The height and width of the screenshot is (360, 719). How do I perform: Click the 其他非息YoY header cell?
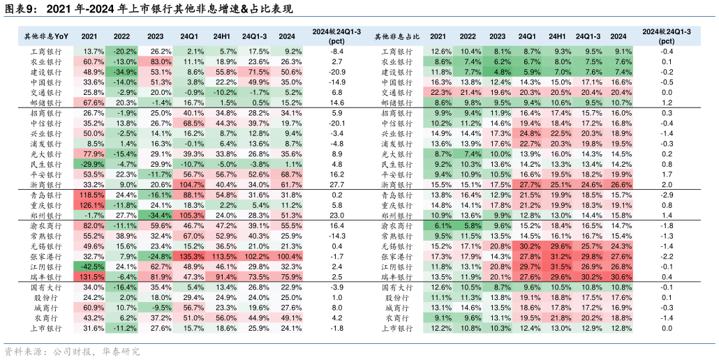point(47,36)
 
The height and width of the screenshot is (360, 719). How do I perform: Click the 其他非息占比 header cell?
point(397,36)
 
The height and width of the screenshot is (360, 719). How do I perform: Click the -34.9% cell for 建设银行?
point(124,72)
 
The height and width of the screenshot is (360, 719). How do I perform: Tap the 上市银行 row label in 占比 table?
point(397,328)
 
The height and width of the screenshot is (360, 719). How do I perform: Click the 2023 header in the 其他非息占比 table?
point(498,36)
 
